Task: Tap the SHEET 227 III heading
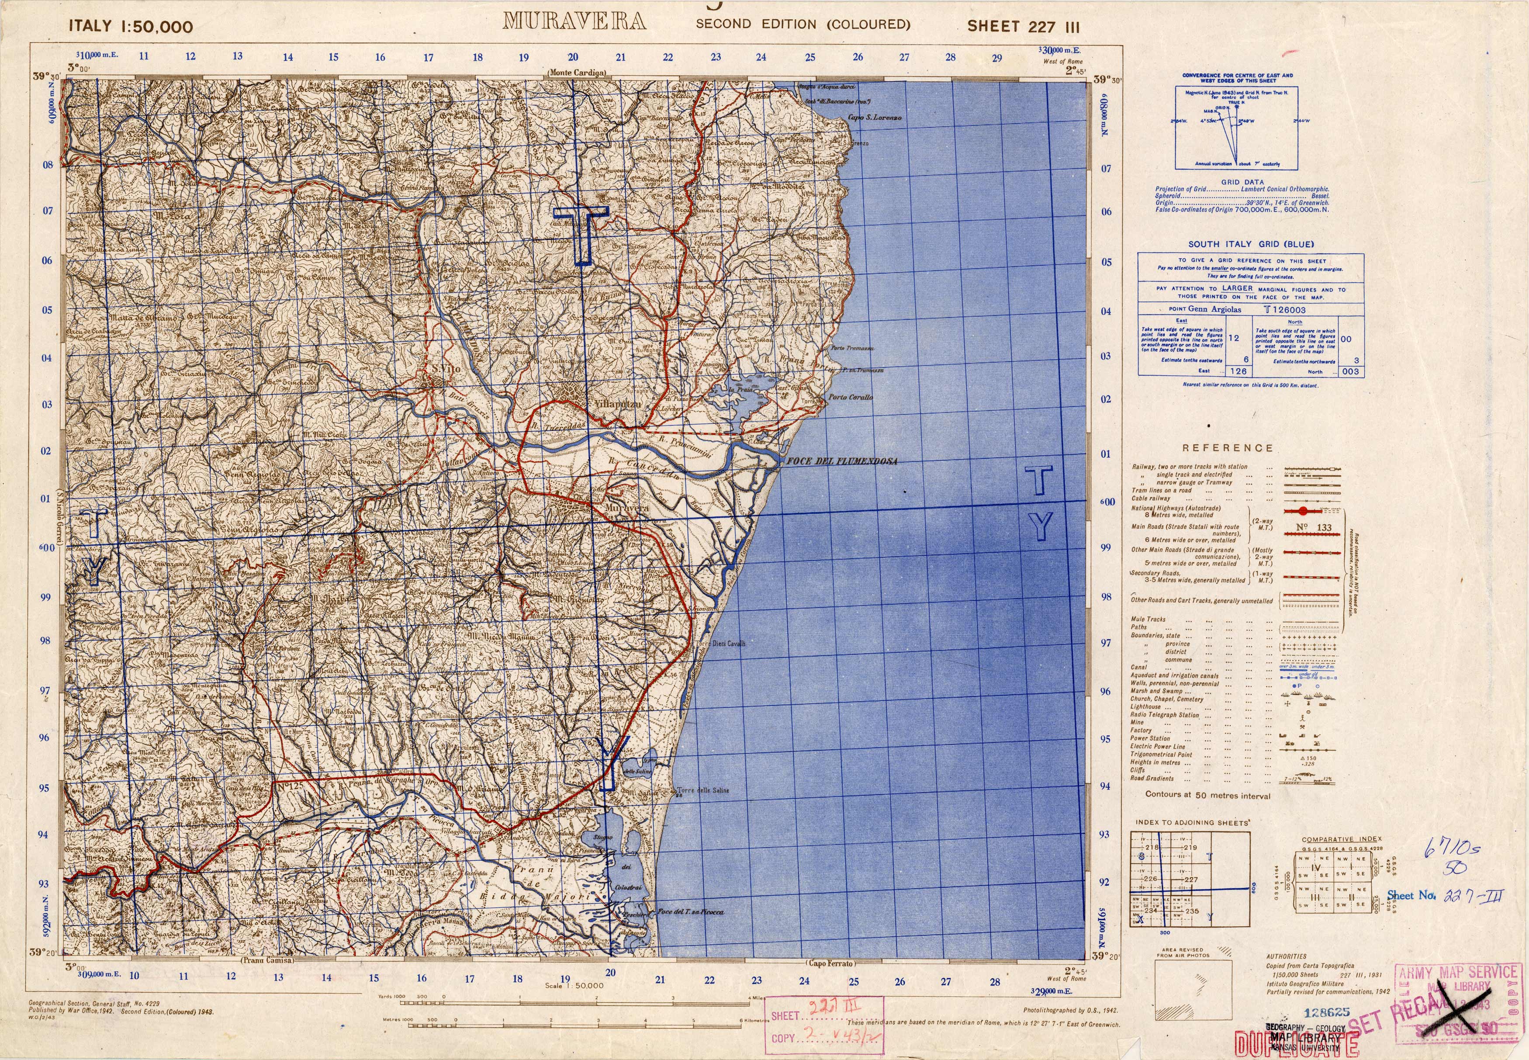click(x=1023, y=27)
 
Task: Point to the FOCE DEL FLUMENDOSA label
click(x=841, y=461)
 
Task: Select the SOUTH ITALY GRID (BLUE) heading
click(x=1250, y=244)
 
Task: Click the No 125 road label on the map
click(x=290, y=787)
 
